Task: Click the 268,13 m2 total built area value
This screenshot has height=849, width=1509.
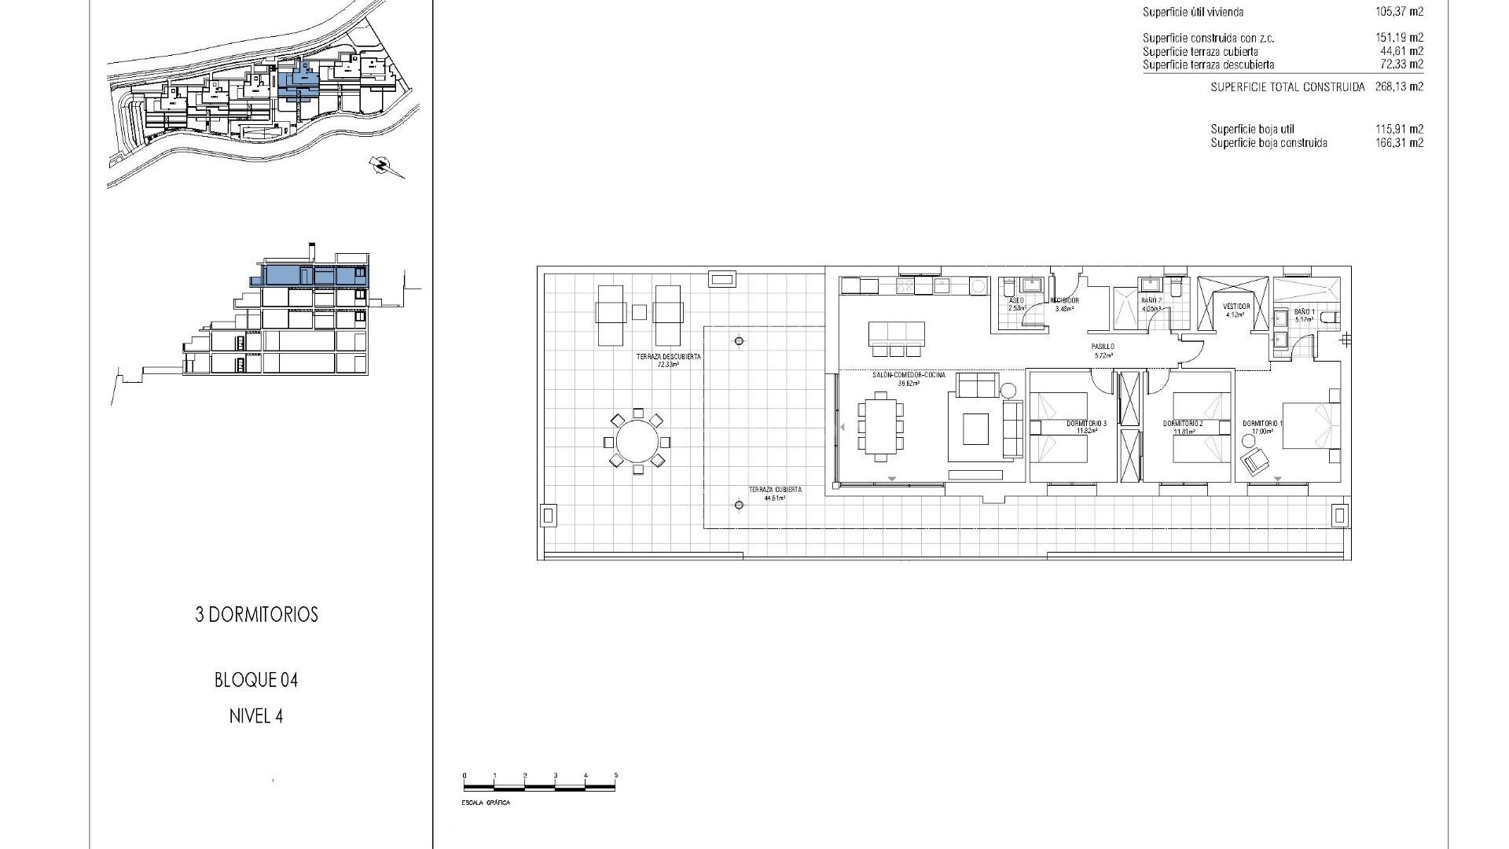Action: coord(1399,87)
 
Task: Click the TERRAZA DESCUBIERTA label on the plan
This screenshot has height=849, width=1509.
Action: coord(668,357)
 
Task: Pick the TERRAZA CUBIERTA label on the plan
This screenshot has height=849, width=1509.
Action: coord(774,491)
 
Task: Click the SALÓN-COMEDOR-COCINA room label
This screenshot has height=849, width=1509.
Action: coord(909,376)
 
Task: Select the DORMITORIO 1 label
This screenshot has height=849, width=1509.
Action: coord(1262,424)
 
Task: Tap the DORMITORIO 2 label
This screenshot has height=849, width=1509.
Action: coord(1183,424)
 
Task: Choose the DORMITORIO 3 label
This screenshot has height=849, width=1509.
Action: coord(1086,424)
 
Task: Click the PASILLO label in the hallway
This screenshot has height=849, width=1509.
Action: coord(1103,347)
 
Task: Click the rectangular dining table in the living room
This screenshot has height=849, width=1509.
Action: coord(880,428)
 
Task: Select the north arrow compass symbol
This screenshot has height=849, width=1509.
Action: coord(383,165)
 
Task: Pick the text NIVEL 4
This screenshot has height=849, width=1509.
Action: coord(256,717)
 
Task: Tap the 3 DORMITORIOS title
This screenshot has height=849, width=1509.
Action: coord(256,615)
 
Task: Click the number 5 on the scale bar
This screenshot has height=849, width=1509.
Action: coord(615,776)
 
